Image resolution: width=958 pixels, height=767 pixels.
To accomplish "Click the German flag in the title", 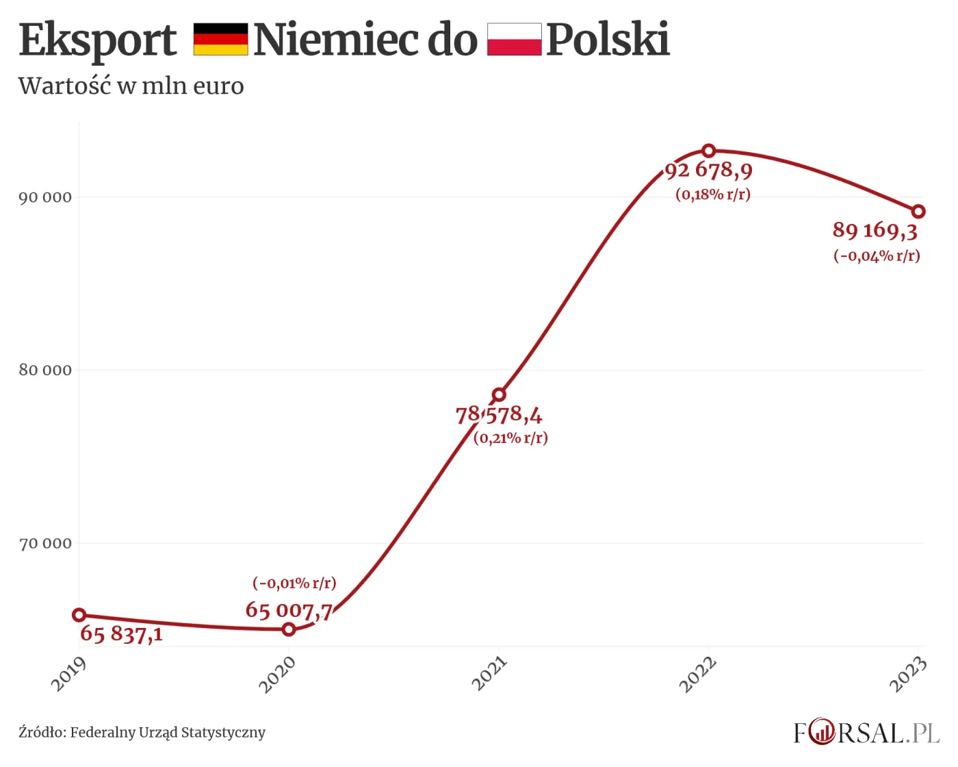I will [x=220, y=39].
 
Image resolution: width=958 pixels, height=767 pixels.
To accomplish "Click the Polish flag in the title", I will [x=514, y=39].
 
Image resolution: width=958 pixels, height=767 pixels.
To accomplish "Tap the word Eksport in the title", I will [x=98, y=40].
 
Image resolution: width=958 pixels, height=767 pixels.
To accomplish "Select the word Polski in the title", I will [x=608, y=40].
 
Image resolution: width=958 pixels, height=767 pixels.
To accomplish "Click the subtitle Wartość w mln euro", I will [x=131, y=86].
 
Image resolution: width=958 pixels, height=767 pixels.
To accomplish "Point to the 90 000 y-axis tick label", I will [x=45, y=198].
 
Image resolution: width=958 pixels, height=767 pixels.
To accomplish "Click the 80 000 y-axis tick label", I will [x=45, y=370].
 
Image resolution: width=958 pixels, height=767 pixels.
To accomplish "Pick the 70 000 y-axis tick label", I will [x=45, y=544].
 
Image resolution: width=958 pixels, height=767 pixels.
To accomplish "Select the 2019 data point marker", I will [x=79, y=615].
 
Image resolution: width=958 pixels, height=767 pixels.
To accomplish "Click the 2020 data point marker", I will [x=289, y=629].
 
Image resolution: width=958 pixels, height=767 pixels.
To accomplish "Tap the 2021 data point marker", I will [x=499, y=394].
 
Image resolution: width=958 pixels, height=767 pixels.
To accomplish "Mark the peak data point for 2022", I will [x=709, y=151].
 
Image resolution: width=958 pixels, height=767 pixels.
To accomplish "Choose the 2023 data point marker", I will [x=918, y=212].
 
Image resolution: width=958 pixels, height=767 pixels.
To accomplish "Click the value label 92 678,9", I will [x=709, y=171].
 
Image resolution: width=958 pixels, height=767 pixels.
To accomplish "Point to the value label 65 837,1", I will [x=122, y=634].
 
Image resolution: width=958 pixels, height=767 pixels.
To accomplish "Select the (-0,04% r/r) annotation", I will [x=877, y=256].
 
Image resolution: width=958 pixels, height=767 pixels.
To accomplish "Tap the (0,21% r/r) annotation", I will [x=511, y=438].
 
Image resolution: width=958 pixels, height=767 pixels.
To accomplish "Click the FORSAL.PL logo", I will [x=866, y=733].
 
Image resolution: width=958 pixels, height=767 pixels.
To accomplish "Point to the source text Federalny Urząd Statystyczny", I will [x=168, y=733].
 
